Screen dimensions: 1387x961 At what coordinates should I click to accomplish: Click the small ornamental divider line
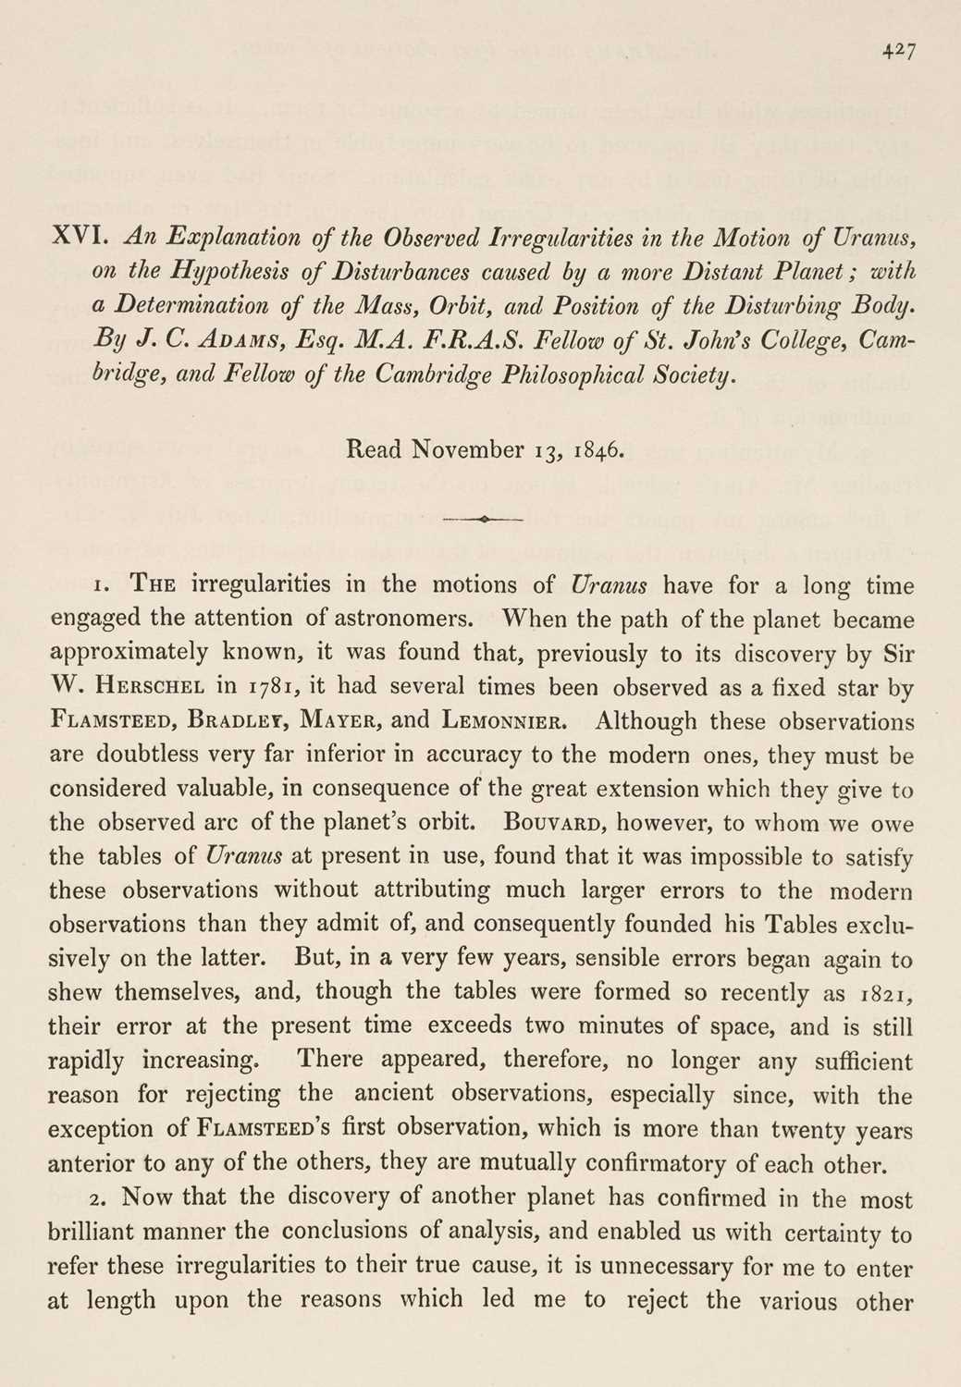pos(483,520)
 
